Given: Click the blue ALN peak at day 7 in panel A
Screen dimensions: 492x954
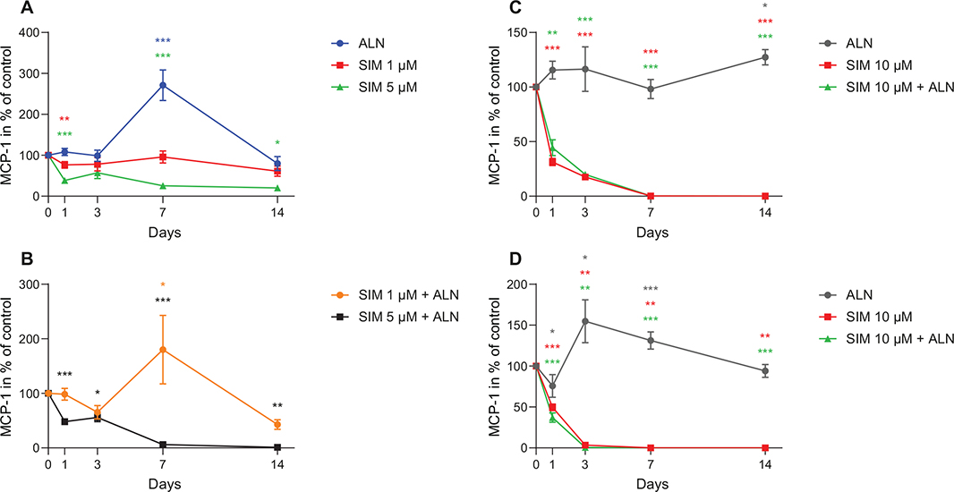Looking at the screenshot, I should point(162,85).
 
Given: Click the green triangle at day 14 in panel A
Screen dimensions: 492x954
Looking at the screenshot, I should point(277,188).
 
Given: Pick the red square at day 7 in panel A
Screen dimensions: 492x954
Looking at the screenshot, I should point(162,157).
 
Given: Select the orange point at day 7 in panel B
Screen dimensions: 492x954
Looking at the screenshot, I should point(162,350).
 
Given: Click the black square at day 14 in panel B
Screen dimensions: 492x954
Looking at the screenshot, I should point(277,447).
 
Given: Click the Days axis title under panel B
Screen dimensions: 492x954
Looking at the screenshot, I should point(162,483).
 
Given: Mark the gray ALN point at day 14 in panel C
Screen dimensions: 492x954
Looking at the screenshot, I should point(765,57).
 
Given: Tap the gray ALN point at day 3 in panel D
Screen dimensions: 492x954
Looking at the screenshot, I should point(585,321).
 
